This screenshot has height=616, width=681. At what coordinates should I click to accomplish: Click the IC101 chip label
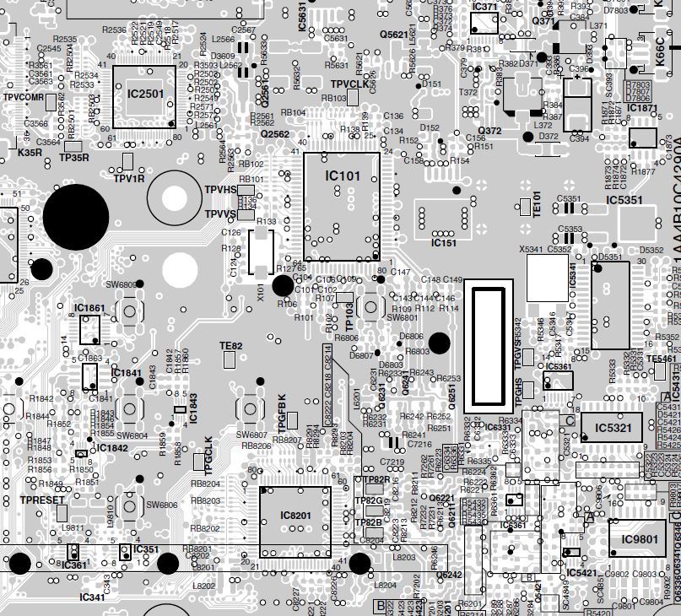click(343, 176)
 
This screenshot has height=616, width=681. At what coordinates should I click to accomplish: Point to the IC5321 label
click(613, 428)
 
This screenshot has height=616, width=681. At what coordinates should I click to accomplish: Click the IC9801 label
click(639, 539)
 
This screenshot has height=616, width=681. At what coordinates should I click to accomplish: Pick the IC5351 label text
click(624, 201)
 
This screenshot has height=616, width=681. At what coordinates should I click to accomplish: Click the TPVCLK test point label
click(349, 84)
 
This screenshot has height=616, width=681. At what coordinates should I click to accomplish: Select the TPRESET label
click(42, 500)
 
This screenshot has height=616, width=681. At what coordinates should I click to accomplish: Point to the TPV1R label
click(129, 178)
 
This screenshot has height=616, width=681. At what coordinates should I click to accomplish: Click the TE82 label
click(230, 346)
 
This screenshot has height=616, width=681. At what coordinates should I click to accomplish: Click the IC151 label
click(443, 243)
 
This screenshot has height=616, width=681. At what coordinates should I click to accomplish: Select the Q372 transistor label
click(489, 131)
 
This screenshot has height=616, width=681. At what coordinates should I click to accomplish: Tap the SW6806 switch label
click(162, 505)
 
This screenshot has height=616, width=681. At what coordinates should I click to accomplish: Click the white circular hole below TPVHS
click(179, 268)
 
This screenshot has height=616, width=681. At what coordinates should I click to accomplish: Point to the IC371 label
click(485, 7)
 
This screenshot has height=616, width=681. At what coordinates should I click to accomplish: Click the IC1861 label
click(89, 308)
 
